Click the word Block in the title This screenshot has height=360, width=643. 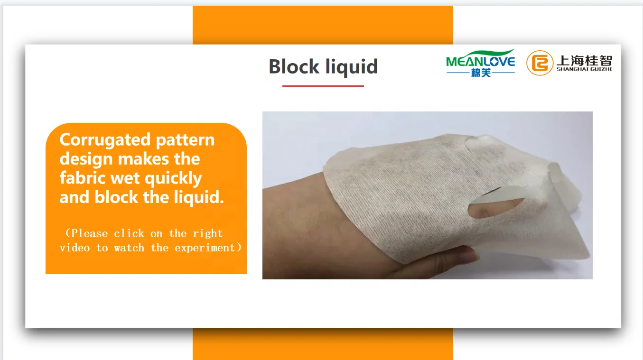(294, 66)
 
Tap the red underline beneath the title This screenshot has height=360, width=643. (323, 86)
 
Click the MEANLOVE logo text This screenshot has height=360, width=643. (481, 62)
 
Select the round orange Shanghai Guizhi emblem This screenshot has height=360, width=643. (540, 63)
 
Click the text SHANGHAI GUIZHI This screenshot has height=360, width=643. (584, 69)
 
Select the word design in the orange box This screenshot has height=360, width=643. (86, 159)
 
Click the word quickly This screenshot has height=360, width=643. (173, 179)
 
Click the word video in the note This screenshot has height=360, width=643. (75, 248)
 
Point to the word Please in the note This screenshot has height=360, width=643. (89, 233)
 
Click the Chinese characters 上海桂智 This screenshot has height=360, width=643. (584, 60)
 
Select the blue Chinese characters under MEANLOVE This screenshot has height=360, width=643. (481, 73)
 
